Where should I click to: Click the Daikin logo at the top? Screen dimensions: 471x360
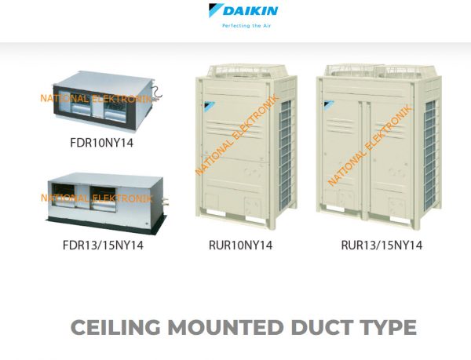(x=243, y=10)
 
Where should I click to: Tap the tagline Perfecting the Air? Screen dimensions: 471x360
(x=246, y=26)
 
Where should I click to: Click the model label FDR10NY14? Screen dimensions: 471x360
(x=101, y=143)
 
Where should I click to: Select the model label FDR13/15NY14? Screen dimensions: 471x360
(x=103, y=245)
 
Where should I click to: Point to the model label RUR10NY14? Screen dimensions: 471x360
(x=241, y=245)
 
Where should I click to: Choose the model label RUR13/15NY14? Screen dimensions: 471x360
(x=382, y=245)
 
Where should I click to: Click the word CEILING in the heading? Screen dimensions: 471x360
(x=115, y=327)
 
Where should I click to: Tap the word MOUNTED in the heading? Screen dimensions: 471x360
(x=225, y=327)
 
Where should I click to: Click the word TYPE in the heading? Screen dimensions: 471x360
(x=389, y=327)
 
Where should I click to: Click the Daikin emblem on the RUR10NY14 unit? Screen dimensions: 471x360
(x=210, y=105)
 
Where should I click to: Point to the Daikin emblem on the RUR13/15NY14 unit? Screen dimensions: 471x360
(x=329, y=104)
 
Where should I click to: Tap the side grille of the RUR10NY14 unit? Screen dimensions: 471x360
(x=286, y=155)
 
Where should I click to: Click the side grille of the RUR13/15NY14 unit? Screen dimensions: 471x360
(x=430, y=155)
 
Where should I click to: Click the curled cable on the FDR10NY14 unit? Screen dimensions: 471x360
(x=157, y=93)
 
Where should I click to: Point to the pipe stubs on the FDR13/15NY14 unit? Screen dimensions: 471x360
(x=165, y=202)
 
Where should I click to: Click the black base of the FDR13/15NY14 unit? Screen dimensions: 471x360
(x=106, y=224)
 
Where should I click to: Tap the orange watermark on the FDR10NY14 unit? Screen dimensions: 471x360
(x=96, y=98)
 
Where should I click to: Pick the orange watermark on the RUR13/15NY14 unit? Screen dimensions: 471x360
(x=370, y=145)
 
